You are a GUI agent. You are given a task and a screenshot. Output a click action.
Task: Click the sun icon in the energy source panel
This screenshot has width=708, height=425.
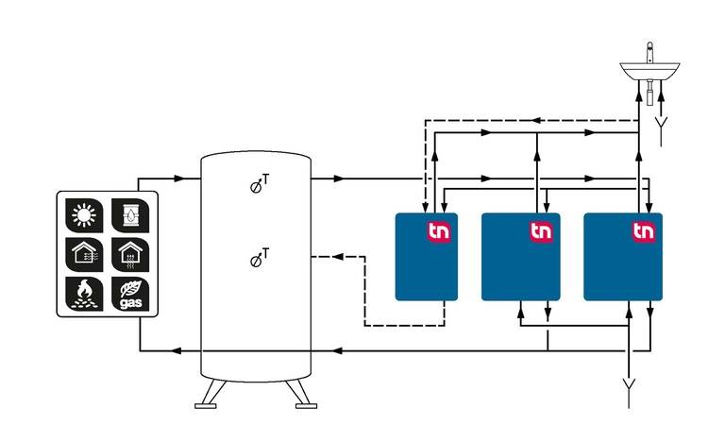(84, 215)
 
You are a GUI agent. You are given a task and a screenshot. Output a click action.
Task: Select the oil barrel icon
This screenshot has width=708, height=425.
(130, 215)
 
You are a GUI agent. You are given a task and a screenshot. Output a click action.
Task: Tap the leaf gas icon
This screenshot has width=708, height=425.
(130, 294)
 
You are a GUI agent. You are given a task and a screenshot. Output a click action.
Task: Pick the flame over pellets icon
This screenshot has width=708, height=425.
(84, 294)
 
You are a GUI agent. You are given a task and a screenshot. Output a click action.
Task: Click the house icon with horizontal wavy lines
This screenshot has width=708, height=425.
(84, 255)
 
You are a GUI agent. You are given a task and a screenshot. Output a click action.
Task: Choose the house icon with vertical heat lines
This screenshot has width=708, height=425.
(130, 255)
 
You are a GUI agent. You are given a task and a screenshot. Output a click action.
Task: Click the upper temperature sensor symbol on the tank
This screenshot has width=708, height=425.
(260, 184)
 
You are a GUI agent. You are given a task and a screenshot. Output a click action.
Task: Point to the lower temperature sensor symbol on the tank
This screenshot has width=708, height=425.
(260, 258)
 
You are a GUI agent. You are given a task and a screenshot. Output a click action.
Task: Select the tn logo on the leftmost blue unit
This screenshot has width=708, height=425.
(439, 231)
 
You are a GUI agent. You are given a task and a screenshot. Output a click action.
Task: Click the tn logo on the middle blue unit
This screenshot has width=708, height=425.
(541, 231)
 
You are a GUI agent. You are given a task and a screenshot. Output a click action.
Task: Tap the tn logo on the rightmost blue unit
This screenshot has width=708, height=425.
(644, 231)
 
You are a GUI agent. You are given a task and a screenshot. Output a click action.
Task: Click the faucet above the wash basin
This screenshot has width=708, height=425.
(649, 52)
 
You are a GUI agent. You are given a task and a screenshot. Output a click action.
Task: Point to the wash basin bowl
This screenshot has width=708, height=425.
(649, 72)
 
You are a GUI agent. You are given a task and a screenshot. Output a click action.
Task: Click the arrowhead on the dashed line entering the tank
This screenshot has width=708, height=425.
(338, 257)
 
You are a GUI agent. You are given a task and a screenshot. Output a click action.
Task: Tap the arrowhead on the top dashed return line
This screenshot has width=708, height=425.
(536, 120)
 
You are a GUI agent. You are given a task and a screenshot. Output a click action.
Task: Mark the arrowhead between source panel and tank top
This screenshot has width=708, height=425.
(179, 178)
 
